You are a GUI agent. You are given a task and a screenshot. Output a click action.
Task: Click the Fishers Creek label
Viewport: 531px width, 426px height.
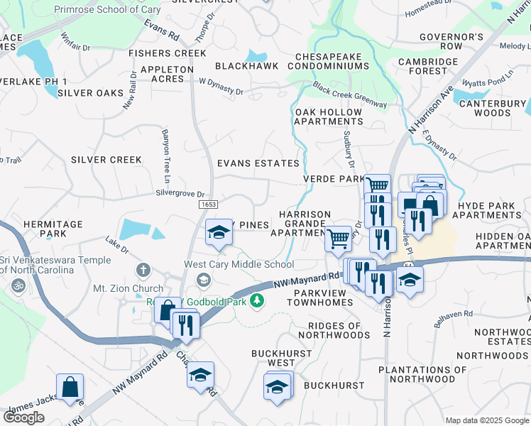click(167, 53)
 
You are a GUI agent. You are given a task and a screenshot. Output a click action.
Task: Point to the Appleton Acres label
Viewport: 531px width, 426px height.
click(167, 74)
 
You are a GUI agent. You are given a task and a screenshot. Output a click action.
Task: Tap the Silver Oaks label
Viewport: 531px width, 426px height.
click(90, 93)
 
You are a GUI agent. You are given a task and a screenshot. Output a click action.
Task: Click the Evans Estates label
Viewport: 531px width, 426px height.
click(258, 163)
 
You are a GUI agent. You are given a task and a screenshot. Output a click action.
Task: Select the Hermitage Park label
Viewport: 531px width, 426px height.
click(53, 229)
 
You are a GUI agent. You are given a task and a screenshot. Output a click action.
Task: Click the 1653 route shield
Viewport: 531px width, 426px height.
click(208, 204)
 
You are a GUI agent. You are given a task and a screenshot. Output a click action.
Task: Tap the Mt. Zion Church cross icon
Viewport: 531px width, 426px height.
click(143, 270)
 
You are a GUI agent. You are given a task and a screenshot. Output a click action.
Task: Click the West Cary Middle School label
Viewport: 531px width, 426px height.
click(239, 265)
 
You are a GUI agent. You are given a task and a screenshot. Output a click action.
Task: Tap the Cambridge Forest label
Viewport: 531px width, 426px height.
click(427, 66)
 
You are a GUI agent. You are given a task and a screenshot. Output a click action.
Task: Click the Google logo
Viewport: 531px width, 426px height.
click(23, 417)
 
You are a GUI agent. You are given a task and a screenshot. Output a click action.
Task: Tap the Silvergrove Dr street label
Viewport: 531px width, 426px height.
click(180, 194)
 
